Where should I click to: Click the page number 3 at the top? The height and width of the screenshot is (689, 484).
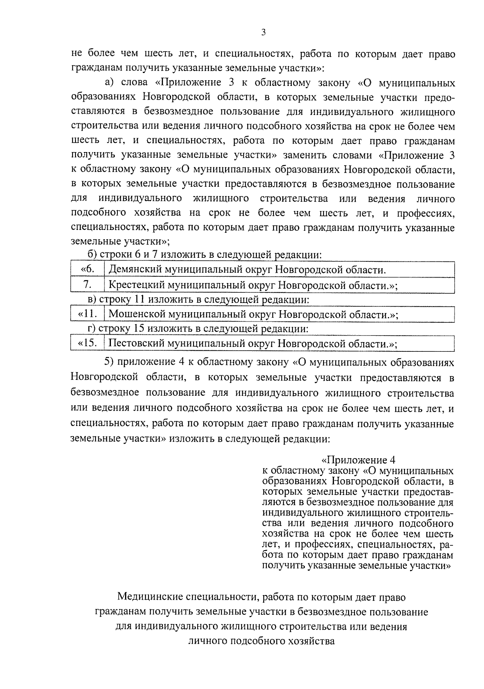(263, 33)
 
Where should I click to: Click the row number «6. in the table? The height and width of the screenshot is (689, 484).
(88, 269)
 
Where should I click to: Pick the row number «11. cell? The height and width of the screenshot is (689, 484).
(87, 314)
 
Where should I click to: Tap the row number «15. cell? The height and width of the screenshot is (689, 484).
(87, 344)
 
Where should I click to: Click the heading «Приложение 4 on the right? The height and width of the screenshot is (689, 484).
(358, 460)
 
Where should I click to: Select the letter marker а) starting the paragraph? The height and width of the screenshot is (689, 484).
(110, 83)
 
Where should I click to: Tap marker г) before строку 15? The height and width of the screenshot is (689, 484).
(92, 329)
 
